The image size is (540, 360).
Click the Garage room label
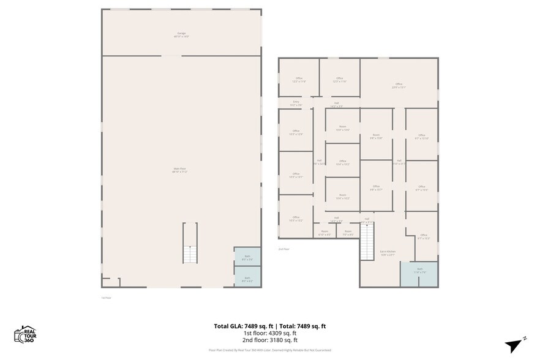point(181,35)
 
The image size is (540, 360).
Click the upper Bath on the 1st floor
point(247,257)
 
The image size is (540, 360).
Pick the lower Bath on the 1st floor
point(247,277)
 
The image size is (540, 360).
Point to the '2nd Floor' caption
point(283,249)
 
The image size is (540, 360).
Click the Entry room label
point(296,103)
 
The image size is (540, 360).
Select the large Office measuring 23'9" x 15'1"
point(399,86)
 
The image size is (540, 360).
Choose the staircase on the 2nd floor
point(366,241)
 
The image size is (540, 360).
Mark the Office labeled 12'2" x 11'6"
point(299,80)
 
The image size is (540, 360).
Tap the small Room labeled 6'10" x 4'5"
point(324,233)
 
